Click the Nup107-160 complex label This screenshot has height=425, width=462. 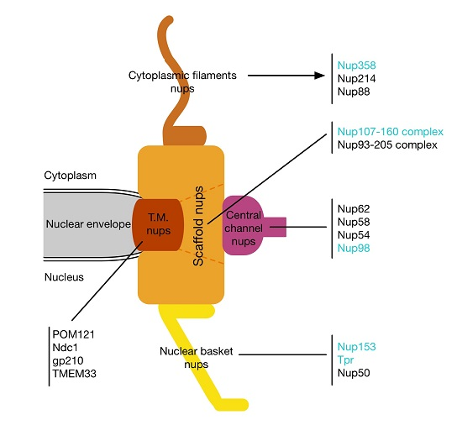pos(389,132)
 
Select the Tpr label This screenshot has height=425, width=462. pos(344,359)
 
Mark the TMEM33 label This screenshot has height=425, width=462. pos(72,375)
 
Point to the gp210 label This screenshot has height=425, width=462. pos(66,361)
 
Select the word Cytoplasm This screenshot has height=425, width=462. pos(71,176)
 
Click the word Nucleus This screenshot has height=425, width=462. pos(64,276)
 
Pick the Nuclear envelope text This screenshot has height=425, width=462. pos(86,225)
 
